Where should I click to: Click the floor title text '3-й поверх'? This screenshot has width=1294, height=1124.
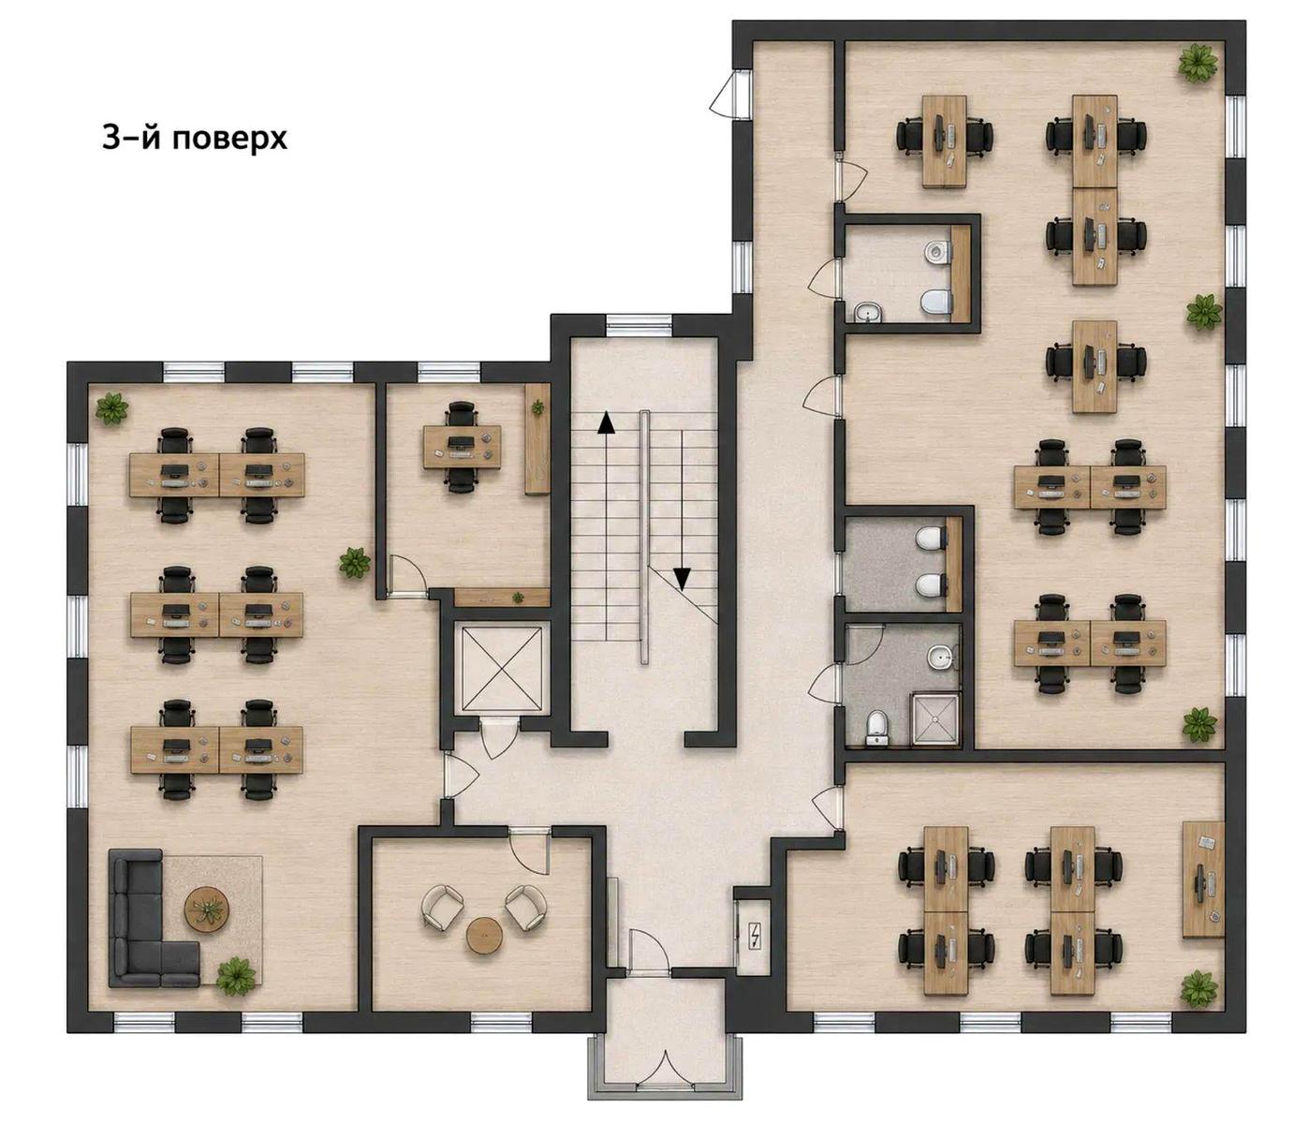click(195, 139)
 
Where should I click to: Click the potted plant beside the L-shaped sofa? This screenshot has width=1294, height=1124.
click(235, 974)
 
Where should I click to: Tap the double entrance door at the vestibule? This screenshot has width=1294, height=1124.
click(665, 1071)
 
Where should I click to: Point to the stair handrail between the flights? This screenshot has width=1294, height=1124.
click(644, 538)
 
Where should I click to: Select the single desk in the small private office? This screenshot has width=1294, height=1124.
click(462, 447)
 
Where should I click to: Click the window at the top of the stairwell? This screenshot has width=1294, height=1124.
click(638, 326)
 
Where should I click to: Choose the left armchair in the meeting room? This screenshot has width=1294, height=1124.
click(443, 907)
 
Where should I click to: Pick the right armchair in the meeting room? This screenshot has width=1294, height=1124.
click(525, 907)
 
